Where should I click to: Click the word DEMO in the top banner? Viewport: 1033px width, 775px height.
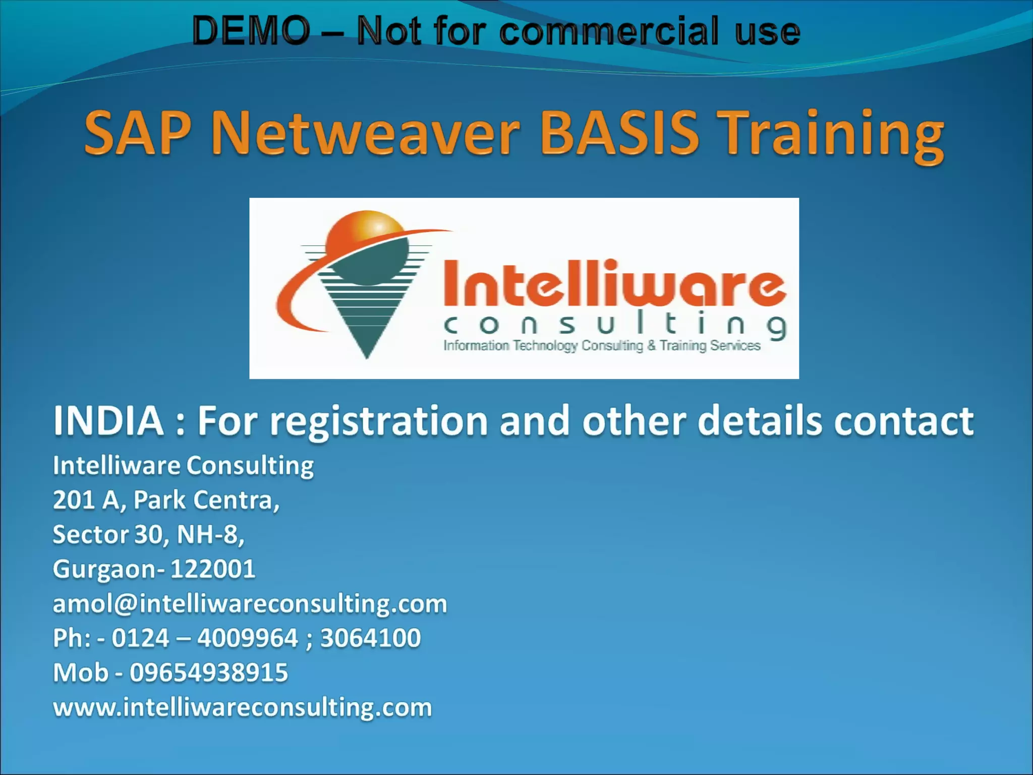(x=251, y=31)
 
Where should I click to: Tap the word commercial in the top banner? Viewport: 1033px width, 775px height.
(x=609, y=31)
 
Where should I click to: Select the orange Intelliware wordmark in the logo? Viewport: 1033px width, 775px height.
(x=614, y=284)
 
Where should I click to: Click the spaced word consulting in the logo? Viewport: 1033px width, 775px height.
(x=614, y=326)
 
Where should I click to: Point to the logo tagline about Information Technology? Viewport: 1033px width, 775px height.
(x=601, y=346)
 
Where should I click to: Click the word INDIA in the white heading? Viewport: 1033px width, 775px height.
(x=108, y=421)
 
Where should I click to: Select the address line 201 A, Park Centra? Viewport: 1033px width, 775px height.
(x=166, y=500)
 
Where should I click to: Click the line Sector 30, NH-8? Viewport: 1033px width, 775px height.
(x=148, y=534)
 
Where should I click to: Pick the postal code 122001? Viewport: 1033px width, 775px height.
(x=213, y=569)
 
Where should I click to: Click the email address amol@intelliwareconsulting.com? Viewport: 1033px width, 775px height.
(x=250, y=603)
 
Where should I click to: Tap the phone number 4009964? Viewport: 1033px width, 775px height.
(x=248, y=638)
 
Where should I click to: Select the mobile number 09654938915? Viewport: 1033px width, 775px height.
(x=209, y=673)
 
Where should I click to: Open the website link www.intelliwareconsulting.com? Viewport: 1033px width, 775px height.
(x=243, y=707)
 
